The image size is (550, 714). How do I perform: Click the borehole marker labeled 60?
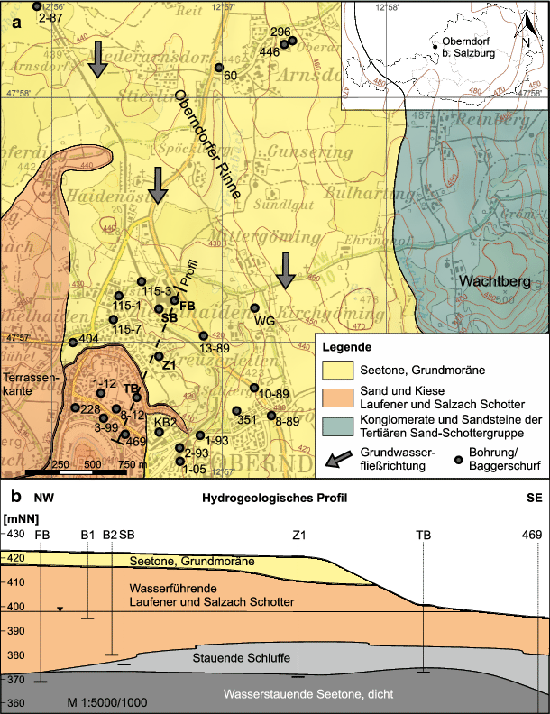[218, 68]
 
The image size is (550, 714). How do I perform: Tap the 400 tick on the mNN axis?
[16, 606]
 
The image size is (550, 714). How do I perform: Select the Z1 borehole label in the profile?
[298, 535]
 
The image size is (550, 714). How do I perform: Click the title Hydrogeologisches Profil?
[275, 498]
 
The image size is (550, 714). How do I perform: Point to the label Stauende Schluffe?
[241, 658]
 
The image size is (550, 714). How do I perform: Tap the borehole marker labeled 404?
[72, 342]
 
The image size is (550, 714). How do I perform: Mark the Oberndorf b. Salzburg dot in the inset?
[434, 47]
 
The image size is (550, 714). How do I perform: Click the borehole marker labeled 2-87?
[36, 6]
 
